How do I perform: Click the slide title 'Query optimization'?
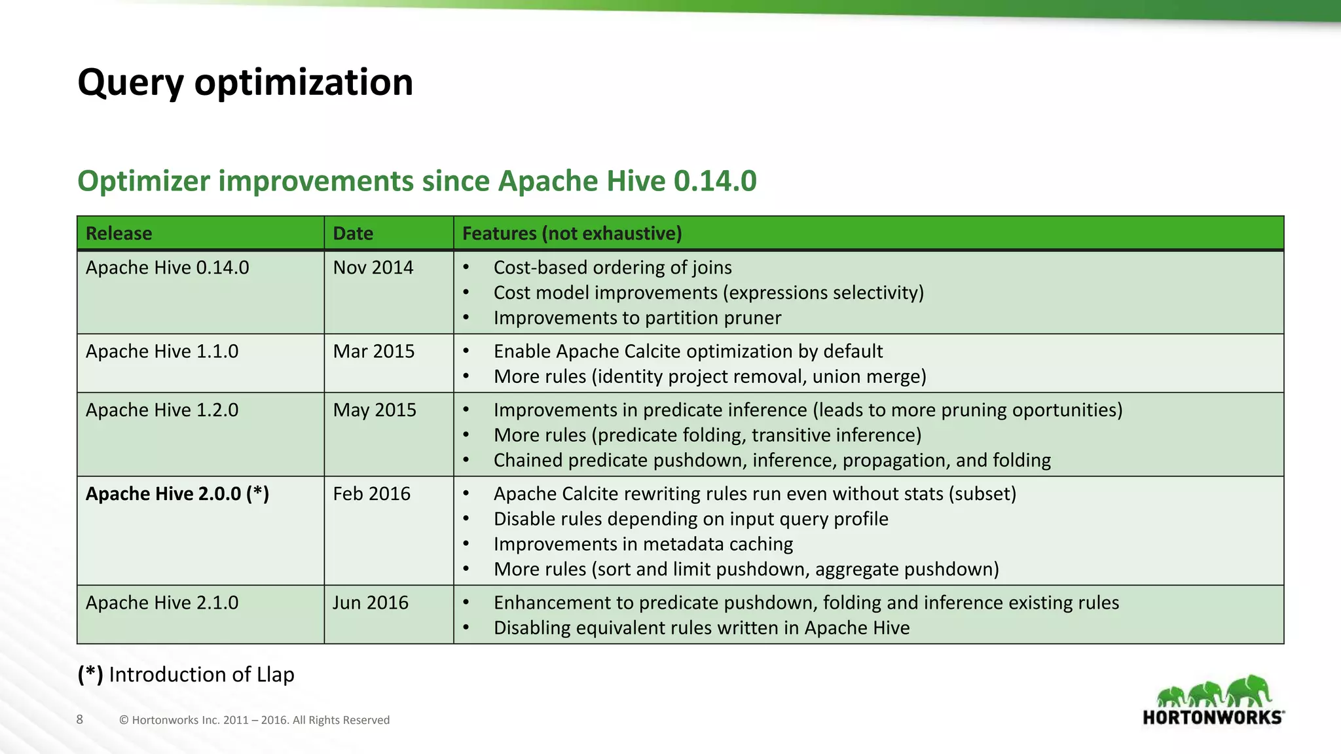click(245, 82)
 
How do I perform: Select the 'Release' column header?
click(119, 234)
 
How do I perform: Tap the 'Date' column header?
click(353, 234)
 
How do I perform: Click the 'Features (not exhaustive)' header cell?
click(572, 234)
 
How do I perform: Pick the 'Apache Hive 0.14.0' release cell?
click(167, 268)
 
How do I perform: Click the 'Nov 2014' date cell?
click(373, 268)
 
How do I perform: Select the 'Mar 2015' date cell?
click(374, 351)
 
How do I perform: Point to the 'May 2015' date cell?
click(375, 410)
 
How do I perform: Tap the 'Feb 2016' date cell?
click(371, 494)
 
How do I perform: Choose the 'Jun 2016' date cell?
click(370, 603)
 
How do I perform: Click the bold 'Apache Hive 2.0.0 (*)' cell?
click(177, 494)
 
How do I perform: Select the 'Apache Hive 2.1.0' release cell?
click(162, 603)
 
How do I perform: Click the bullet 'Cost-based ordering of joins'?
click(612, 268)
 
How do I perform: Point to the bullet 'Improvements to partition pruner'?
click(637, 318)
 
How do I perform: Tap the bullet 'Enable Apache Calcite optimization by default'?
click(688, 351)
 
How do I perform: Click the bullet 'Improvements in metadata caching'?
click(643, 545)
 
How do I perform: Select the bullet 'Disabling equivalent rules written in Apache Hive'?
click(701, 628)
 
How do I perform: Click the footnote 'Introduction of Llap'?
click(201, 675)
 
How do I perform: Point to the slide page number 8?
click(80, 720)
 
